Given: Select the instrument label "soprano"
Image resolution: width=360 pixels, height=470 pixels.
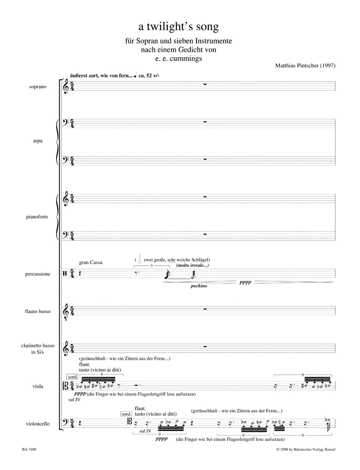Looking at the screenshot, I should click(38, 87).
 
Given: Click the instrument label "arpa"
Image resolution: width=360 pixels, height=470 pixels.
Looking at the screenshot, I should click(38, 141).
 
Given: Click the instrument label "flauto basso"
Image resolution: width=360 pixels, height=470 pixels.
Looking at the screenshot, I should click(37, 311).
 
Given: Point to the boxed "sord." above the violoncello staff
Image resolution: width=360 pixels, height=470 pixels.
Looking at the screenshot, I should click(126, 414).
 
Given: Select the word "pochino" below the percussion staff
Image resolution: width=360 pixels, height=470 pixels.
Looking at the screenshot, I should click(198, 286).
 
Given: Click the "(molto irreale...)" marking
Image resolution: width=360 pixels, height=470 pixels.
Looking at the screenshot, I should click(193, 265).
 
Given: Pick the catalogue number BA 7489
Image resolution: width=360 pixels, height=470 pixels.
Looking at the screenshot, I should click(29, 449).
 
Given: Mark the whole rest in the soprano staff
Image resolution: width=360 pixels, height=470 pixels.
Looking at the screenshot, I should click(206, 84).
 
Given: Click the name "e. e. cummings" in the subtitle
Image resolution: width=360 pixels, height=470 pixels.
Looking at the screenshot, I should click(178, 58).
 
